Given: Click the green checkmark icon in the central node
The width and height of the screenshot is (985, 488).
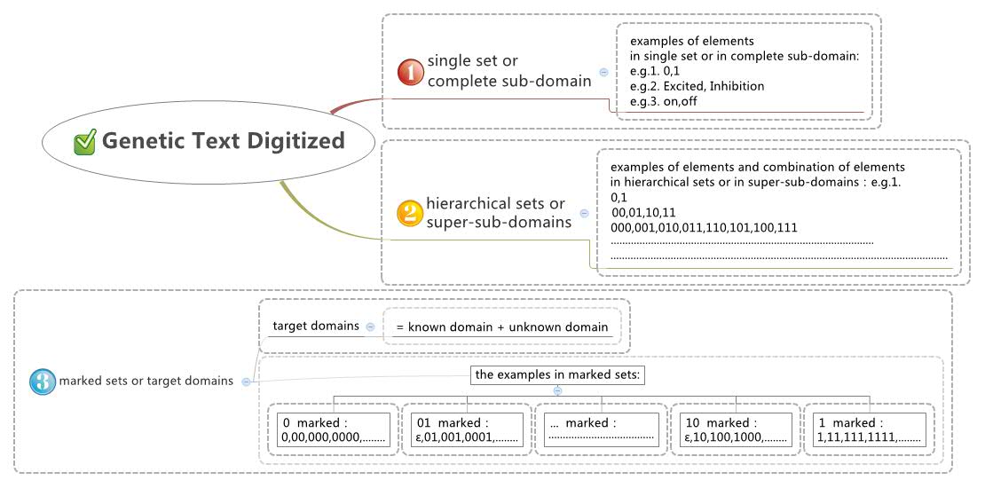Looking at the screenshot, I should click(85, 142).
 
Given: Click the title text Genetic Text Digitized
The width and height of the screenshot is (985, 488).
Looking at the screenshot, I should click(223, 141).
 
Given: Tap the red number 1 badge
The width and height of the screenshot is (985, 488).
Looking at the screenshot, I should click(410, 72).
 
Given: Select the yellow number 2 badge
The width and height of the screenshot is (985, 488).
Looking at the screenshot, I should click(410, 213).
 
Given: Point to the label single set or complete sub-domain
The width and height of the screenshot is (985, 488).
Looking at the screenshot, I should click(508, 71).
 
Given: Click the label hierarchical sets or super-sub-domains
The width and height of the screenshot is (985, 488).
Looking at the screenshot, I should click(499, 213).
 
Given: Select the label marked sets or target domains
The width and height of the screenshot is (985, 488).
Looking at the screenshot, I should click(146, 381).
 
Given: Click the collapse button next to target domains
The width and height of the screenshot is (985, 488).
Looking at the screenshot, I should click(370, 326).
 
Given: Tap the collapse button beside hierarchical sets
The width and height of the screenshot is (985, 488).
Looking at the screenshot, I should click(584, 213).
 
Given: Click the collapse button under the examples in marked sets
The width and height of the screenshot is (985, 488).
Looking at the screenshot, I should click(557, 390).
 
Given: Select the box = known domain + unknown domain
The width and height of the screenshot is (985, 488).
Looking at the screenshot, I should click(502, 327).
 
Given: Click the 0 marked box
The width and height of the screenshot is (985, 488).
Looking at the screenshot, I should click(334, 430).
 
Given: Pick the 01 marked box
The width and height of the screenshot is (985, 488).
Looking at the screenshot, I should click(467, 430).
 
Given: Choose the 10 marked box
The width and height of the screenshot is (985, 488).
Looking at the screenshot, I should click(735, 430).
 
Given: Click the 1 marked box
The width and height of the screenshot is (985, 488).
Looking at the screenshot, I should click(869, 430).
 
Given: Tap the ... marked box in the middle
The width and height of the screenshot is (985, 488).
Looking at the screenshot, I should click(601, 430).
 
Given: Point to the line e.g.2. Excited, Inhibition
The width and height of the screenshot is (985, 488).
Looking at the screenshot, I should click(697, 86).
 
